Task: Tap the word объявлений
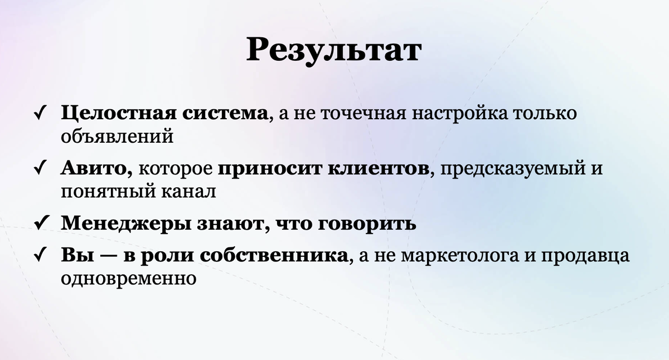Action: point(117,137)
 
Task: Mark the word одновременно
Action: point(129,278)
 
